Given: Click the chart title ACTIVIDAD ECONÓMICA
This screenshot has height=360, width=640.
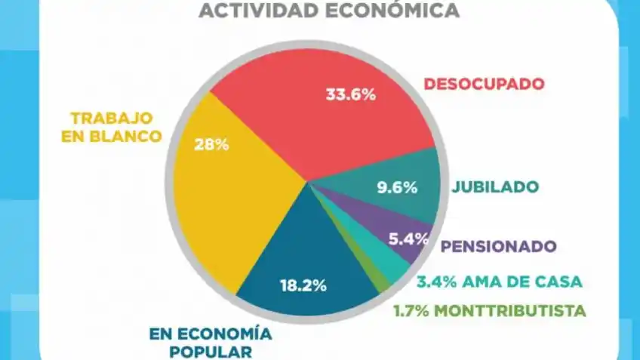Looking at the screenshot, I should tap(328, 10).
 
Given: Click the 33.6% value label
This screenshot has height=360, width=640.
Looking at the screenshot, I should tap(351, 95).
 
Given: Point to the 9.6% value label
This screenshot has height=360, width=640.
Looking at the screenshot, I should tap(398, 188).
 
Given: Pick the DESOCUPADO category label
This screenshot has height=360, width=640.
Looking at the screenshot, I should tap(484, 84).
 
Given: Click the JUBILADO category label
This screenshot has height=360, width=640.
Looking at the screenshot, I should tap(495, 186).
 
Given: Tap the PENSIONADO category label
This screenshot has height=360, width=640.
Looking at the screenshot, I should tap(498, 247).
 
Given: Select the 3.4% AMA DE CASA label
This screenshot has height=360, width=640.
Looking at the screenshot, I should tap(500, 282).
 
